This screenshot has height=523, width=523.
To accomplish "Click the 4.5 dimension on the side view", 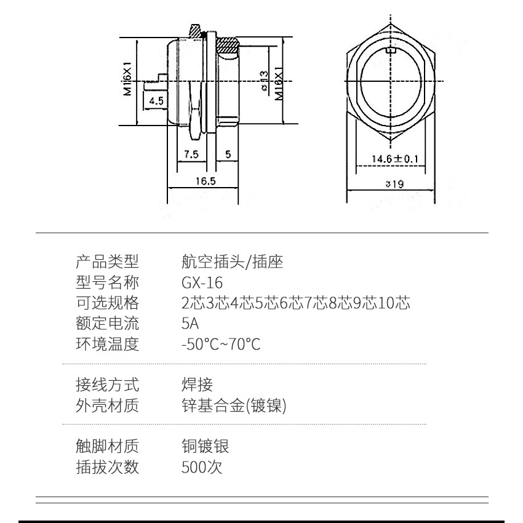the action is [156, 100].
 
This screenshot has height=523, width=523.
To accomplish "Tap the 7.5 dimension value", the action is [191, 154].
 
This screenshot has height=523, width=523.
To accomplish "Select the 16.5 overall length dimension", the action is [206, 181].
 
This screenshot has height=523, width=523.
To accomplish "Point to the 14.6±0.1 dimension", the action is [395, 158].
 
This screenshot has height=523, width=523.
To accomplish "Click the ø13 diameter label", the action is [263, 81].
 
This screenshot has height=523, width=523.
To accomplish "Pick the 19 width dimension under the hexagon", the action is [394, 184].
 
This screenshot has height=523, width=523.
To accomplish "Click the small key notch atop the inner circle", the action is [391, 50].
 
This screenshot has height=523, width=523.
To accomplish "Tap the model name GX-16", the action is [202, 282].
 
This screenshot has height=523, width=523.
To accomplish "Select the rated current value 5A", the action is [190, 324].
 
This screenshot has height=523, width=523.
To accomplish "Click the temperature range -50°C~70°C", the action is [221, 344].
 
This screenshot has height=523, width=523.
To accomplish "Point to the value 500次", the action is [202, 467].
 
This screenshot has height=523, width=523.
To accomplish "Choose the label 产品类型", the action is [107, 262].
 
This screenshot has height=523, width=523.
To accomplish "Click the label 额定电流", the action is [107, 324].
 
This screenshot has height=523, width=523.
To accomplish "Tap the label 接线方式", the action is [107, 385].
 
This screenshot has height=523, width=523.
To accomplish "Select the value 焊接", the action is [197, 385].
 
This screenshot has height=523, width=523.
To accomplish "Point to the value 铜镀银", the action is [205, 446].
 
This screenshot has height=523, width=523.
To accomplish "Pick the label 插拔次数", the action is [107, 467].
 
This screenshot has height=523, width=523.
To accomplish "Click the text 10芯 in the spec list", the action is [394, 303].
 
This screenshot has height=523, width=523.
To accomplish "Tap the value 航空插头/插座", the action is [233, 262].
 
